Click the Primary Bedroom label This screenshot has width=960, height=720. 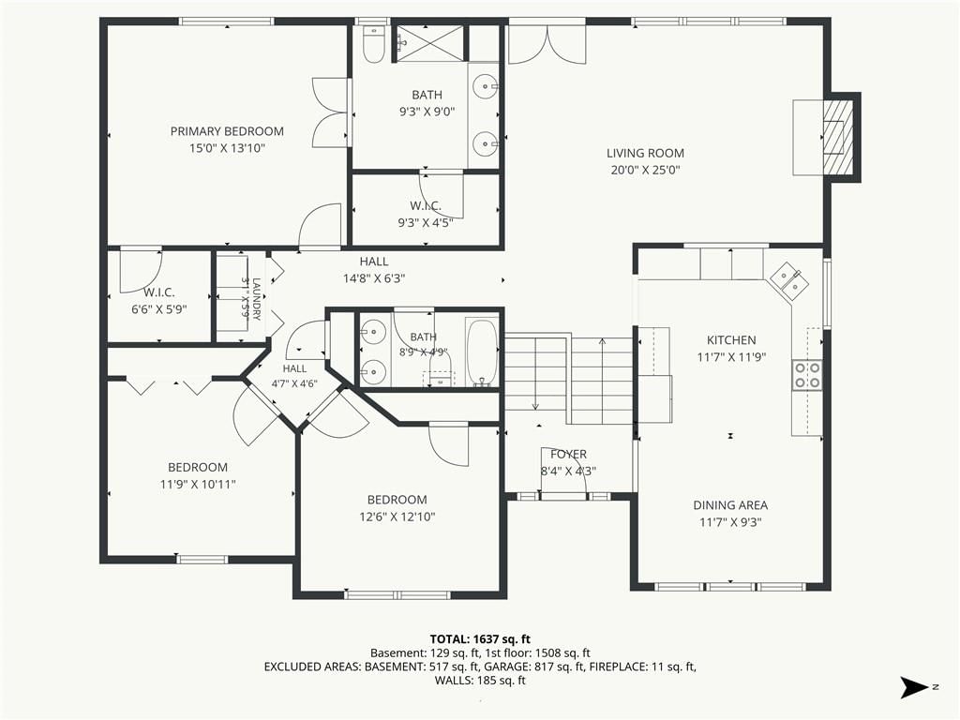[x=227, y=131]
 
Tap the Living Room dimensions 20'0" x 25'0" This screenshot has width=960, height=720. [x=645, y=171]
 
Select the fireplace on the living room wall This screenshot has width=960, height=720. [x=837, y=137]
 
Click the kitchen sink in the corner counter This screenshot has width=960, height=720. [x=788, y=280]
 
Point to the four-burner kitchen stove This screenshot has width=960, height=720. [x=807, y=375]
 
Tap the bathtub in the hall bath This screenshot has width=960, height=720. [x=483, y=352]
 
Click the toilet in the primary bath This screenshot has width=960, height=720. [x=373, y=45]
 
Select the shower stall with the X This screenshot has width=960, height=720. [x=428, y=43]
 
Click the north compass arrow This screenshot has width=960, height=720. [x=913, y=687]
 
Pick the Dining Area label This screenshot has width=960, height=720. [x=730, y=505]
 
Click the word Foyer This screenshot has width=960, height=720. [x=568, y=455]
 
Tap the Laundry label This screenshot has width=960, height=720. [x=256, y=299]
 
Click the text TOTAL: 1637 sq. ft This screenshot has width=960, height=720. [x=480, y=639]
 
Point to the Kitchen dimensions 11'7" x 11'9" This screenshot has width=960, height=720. [x=731, y=357]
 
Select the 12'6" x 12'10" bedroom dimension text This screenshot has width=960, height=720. [x=397, y=517]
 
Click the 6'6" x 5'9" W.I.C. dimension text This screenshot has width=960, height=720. [x=159, y=309]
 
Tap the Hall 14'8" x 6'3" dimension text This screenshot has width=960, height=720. [x=374, y=278]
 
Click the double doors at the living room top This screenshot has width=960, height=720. [x=547, y=44]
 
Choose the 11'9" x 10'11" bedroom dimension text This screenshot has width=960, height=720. [x=198, y=485]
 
